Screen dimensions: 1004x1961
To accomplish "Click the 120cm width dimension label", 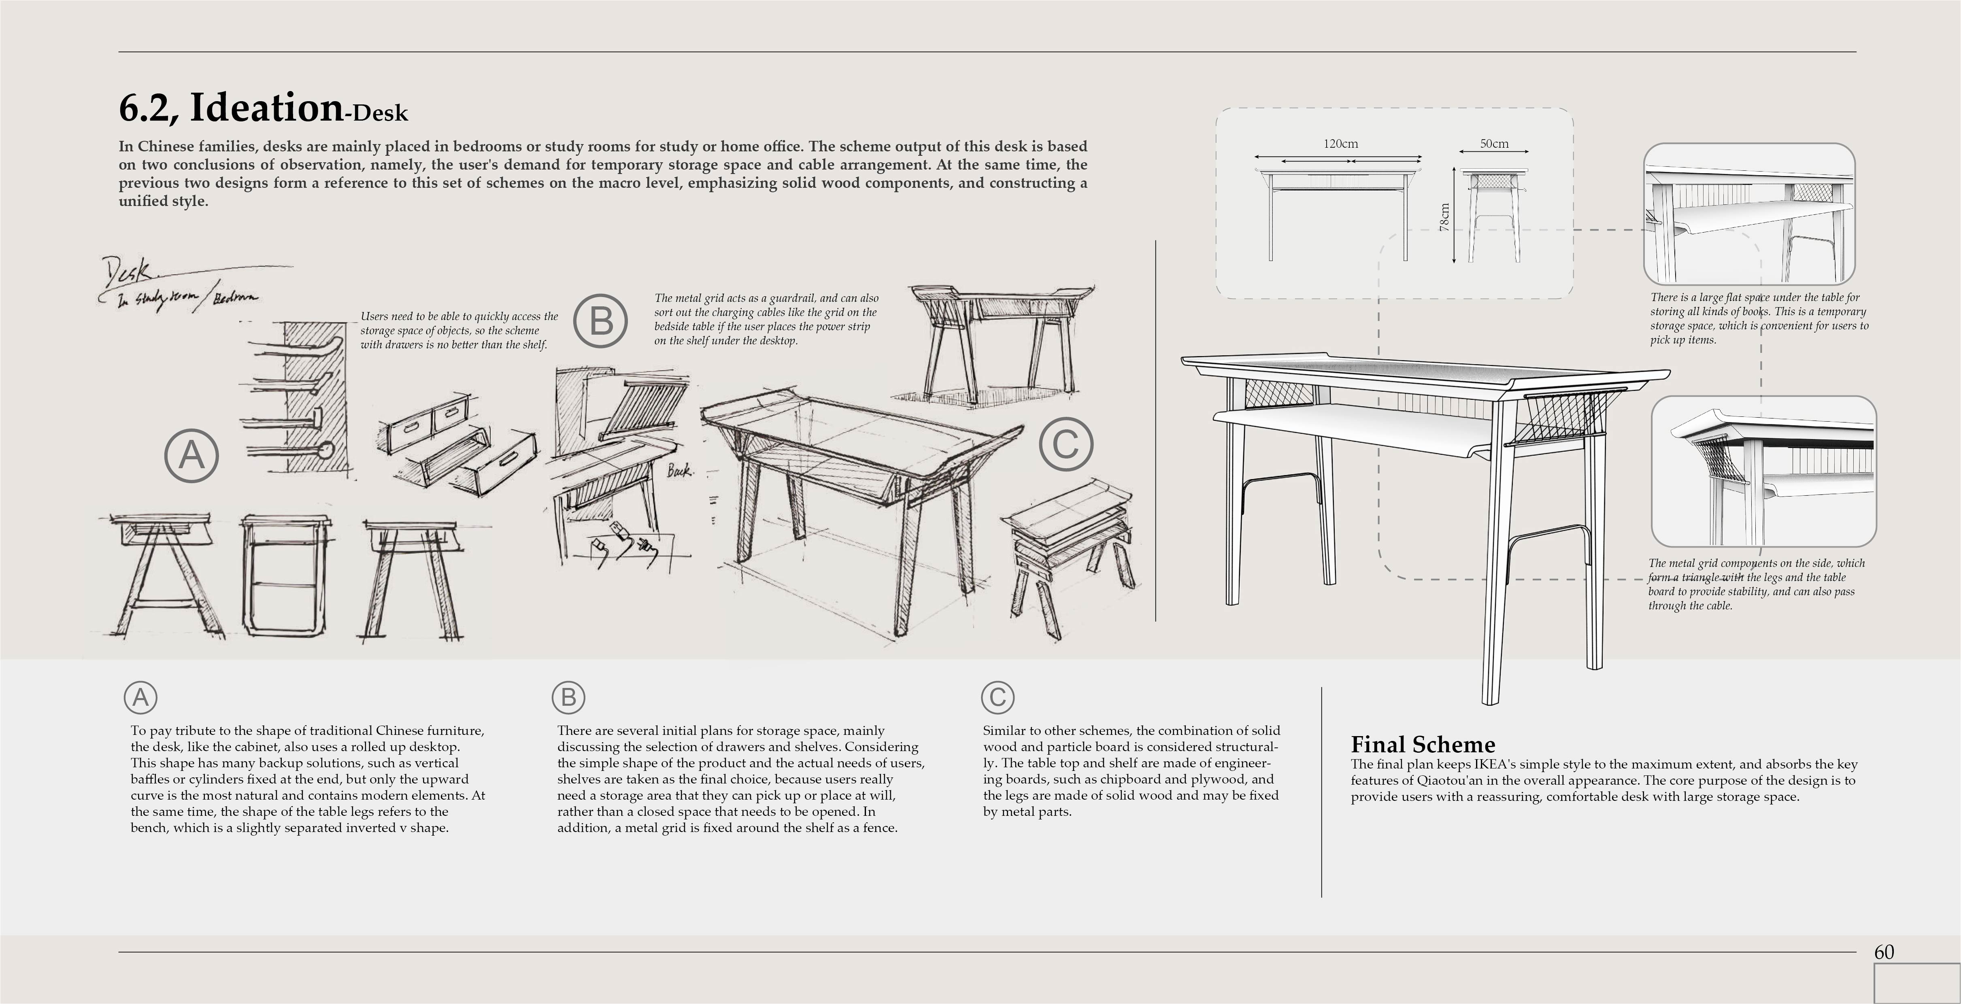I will coord(1340,144).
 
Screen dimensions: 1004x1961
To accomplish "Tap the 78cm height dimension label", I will coord(1444,217).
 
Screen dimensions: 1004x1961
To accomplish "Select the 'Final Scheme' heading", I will coord(1422,745).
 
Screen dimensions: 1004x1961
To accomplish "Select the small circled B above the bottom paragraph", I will coord(568,697).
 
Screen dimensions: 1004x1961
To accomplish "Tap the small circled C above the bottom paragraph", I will coord(997,697).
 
